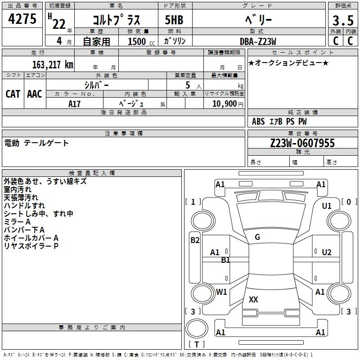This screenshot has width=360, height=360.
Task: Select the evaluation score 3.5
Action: click(342, 21)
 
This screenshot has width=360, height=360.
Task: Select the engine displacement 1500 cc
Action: click(140, 41)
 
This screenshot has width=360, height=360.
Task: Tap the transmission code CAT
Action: click(13, 94)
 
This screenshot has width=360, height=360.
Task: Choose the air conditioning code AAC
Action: click(35, 94)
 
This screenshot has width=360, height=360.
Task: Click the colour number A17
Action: click(74, 103)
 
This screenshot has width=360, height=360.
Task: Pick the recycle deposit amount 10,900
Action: click(224, 104)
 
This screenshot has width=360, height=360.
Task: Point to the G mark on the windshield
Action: click(257, 237)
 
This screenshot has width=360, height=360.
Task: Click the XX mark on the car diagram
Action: click(253, 299)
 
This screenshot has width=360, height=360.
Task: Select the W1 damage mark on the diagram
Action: click(221, 292)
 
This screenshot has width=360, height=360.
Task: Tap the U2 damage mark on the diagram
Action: click(327, 252)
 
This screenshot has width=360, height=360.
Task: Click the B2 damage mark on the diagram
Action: click(194, 240)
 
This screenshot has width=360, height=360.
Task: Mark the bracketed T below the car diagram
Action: click(196, 344)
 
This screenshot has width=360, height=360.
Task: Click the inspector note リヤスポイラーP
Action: click(31, 246)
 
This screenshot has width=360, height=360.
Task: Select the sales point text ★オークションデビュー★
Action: click(288, 63)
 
